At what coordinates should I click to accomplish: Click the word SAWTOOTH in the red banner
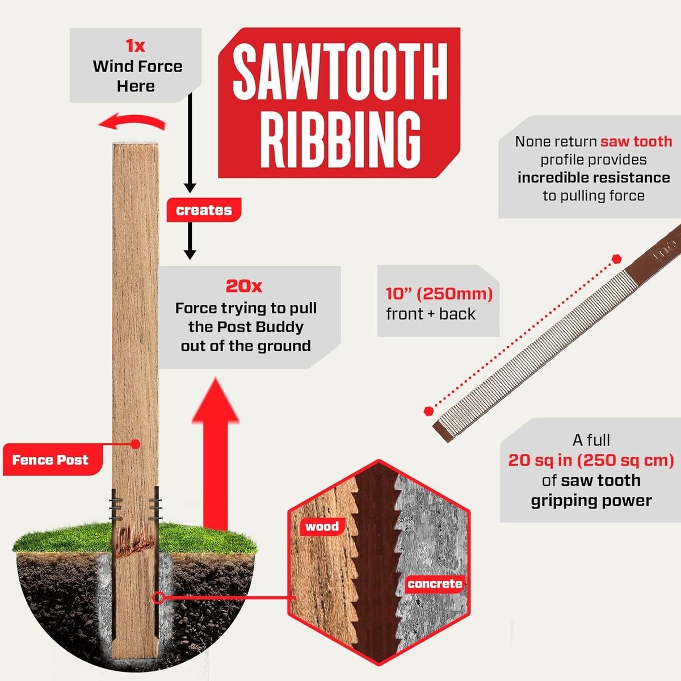(340, 70)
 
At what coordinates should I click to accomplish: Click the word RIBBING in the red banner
(340, 139)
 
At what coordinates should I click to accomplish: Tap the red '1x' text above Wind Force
(136, 46)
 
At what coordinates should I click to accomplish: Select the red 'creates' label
(204, 210)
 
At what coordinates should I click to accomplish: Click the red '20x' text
(244, 286)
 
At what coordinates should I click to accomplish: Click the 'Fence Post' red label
(50, 460)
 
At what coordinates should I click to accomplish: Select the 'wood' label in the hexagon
(322, 527)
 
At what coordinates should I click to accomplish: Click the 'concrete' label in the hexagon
(435, 583)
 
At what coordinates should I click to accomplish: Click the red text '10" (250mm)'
(439, 293)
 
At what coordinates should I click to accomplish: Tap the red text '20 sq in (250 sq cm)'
(591, 460)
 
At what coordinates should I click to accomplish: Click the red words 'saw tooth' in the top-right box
(636, 141)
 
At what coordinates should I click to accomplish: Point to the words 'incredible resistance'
(594, 178)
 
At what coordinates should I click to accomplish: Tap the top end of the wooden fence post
(136, 144)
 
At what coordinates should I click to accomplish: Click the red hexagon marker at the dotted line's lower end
(428, 411)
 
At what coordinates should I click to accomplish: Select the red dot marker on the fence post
(136, 444)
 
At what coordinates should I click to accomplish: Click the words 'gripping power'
(591, 501)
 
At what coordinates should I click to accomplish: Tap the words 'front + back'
(430, 314)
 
